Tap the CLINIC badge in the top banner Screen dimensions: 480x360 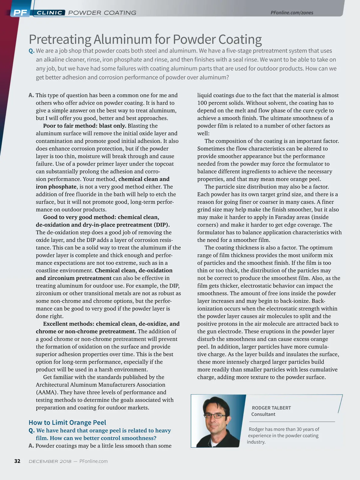(x=49, y=13)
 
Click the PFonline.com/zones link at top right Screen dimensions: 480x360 (x=292, y=13)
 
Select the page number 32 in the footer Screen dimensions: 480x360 (x=17, y=461)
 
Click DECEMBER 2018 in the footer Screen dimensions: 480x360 (x=50, y=461)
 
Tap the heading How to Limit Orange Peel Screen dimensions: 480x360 (x=67, y=422)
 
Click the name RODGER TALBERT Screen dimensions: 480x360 (x=271, y=408)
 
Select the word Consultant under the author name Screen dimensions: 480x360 (x=263, y=414)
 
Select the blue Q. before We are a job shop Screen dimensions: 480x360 (x=31, y=51)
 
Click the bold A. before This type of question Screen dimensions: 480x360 (x=31, y=95)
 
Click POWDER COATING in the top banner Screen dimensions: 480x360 (x=102, y=13)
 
